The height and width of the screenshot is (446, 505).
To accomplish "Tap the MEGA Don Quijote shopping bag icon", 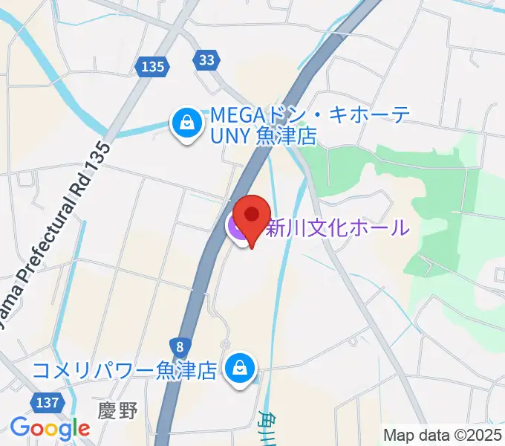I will [186, 123].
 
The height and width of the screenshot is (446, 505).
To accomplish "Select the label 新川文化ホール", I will [337, 227].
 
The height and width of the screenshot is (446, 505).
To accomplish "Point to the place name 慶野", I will [118, 411].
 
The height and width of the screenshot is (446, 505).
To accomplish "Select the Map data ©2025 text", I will [442, 434].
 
